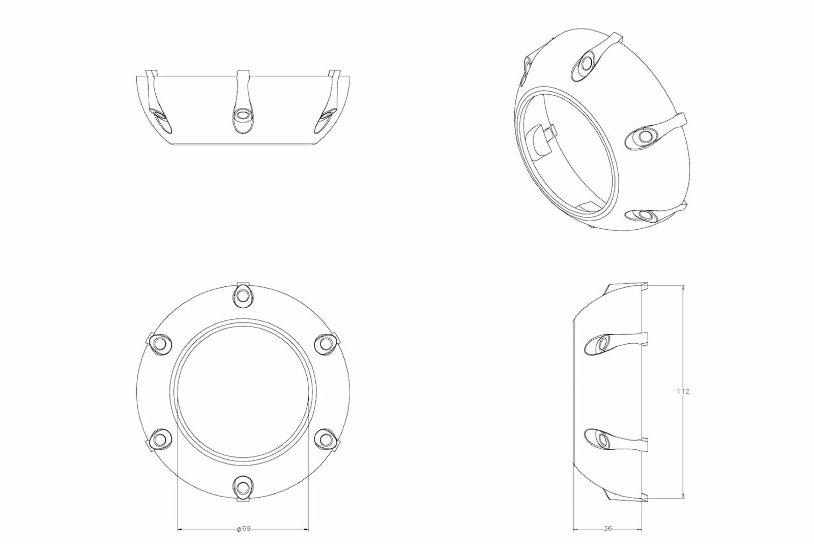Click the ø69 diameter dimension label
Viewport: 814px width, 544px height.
pyautogui.click(x=243, y=529)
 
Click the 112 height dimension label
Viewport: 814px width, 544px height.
pyautogui.click(x=683, y=391)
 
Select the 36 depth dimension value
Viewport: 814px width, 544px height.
pyautogui.click(x=607, y=529)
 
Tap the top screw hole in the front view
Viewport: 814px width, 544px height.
pyautogui.click(x=243, y=296)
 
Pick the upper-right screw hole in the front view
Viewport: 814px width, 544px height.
pyautogui.click(x=324, y=343)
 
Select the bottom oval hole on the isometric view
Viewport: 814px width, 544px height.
pyautogui.click(x=645, y=216)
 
